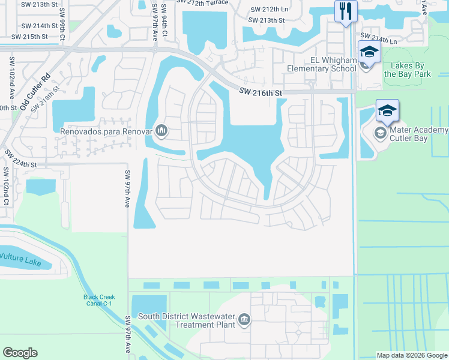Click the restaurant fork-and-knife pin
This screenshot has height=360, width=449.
point(346,11)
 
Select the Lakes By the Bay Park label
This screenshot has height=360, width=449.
point(408,70)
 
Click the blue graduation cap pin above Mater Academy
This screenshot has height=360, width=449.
point(387,111)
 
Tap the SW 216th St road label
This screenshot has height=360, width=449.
point(260,92)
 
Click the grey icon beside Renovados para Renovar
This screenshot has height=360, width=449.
point(161,130)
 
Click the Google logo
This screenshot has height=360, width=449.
point(20,353)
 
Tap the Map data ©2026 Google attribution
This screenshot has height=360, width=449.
point(412,355)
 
